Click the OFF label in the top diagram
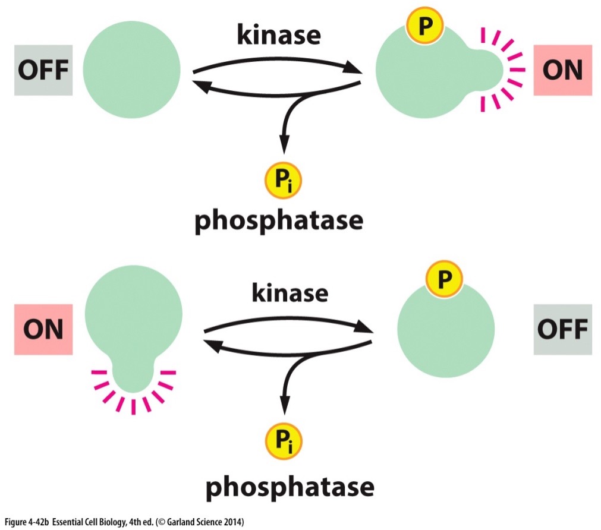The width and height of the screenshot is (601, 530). pos(43,70)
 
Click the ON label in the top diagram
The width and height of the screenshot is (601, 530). pos(562,70)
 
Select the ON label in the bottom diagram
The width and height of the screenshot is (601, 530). pos(43,329)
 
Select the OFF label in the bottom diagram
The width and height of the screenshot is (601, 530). pos(562,329)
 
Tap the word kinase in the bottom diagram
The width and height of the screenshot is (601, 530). pos(290,293)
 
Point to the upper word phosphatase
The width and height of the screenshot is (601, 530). pos(279,220)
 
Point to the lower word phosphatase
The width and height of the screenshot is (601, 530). pos(290,487)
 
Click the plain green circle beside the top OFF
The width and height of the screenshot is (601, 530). pos(131,70)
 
